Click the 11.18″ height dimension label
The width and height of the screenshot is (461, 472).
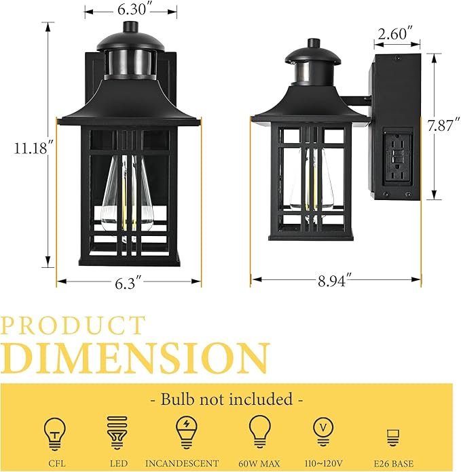(x=26, y=149)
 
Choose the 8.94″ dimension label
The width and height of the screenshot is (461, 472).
(x=336, y=281)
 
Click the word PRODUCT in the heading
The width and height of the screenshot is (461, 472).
(x=73, y=326)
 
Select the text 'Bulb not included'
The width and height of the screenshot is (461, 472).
(x=227, y=399)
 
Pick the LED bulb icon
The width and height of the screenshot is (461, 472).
(x=118, y=432)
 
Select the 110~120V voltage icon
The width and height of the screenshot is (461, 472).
(x=322, y=430)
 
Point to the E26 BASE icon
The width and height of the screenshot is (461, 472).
(x=392, y=435)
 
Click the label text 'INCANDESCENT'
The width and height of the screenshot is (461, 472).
(x=185, y=463)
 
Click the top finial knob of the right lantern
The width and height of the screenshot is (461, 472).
(x=312, y=43)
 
